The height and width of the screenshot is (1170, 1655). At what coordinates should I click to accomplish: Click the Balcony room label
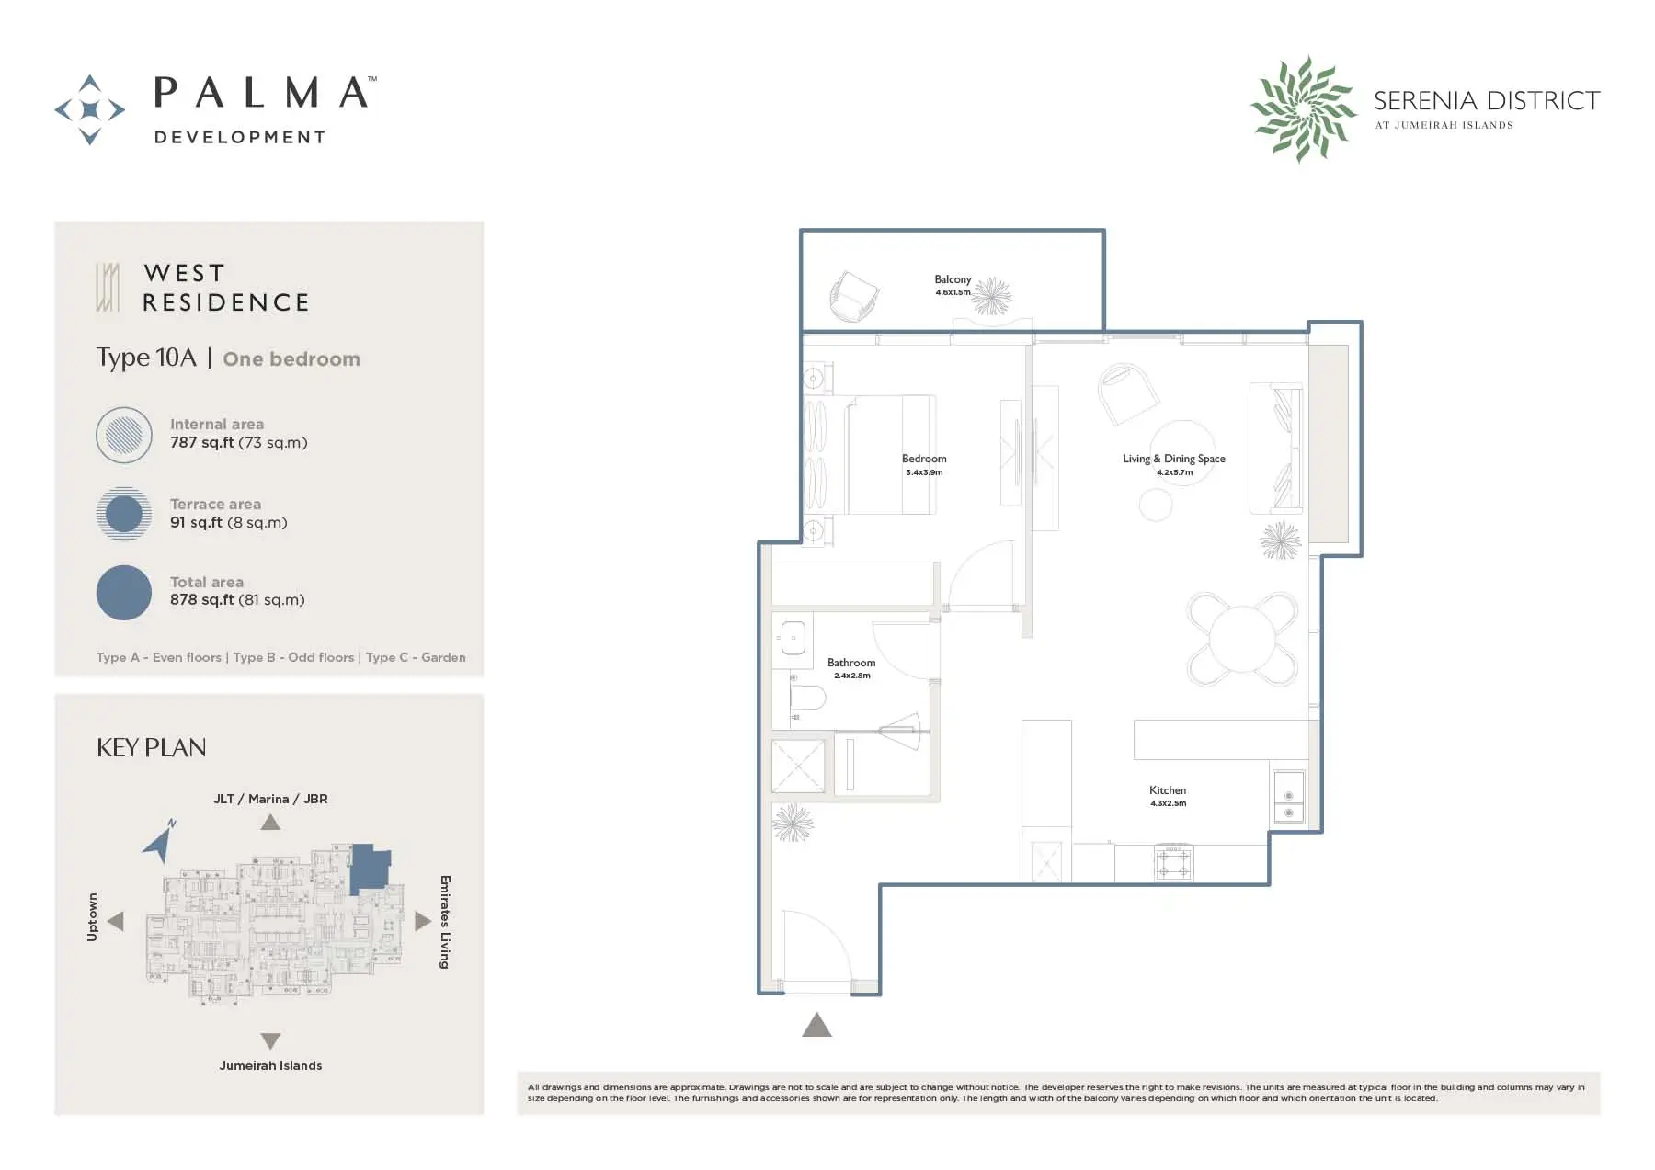(x=953, y=279)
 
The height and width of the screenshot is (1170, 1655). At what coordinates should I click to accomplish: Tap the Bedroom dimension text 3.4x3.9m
(x=924, y=472)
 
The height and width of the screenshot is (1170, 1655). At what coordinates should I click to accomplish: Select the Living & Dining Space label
(x=1174, y=459)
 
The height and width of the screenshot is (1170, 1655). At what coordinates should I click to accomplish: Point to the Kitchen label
(x=1168, y=790)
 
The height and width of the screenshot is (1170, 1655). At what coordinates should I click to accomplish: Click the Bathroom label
(x=851, y=663)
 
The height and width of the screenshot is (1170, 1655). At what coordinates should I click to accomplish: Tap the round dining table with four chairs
(x=1242, y=639)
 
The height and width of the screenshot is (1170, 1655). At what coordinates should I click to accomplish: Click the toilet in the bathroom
(x=807, y=698)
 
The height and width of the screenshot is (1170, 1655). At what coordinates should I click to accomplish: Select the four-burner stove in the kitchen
(x=1174, y=862)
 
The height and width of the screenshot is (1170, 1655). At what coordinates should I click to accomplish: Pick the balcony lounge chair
(x=854, y=296)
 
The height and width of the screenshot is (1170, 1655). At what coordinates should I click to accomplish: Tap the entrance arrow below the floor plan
(x=816, y=1024)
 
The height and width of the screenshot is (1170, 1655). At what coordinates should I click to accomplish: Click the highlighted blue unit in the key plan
(x=371, y=868)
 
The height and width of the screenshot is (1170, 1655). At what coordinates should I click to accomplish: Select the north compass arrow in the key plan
(x=161, y=840)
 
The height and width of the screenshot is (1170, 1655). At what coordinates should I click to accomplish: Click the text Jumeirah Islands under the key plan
(x=270, y=1065)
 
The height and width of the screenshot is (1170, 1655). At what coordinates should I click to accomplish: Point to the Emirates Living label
(x=445, y=922)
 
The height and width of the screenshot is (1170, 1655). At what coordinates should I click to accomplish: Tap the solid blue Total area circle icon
(x=124, y=593)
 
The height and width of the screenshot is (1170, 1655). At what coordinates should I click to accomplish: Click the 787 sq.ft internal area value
(x=202, y=442)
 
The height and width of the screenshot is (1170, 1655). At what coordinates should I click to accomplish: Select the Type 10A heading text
(x=146, y=358)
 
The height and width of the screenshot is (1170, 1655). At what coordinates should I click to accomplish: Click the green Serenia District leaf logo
(x=1303, y=109)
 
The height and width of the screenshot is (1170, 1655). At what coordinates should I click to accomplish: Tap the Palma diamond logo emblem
(x=90, y=110)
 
